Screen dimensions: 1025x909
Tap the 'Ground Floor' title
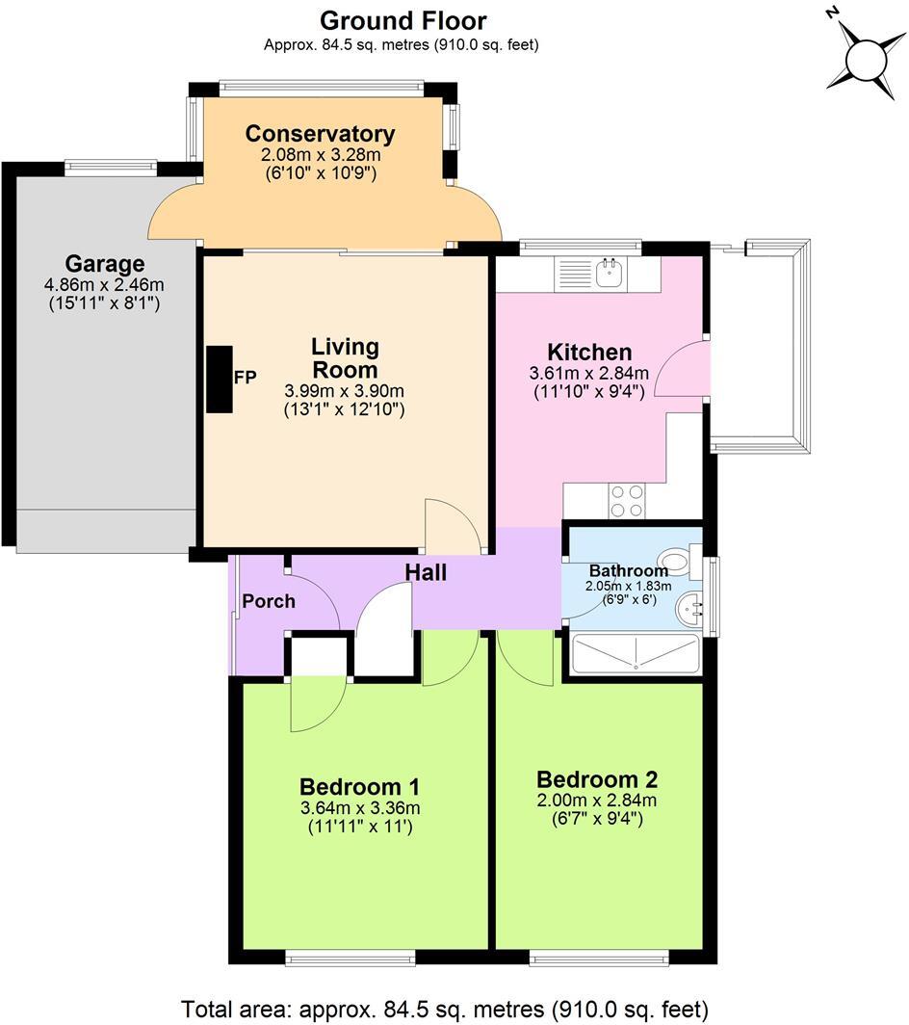[403, 20]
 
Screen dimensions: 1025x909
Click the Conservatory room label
[320, 134]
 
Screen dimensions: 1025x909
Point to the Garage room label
[105, 263]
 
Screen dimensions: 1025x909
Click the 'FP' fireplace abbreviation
[246, 378]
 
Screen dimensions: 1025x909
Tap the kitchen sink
[610, 273]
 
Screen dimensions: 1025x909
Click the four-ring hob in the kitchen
[627, 501]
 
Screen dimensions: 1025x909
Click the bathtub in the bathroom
[636, 653]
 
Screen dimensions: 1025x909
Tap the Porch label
[268, 601]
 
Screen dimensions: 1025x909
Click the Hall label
[426, 572]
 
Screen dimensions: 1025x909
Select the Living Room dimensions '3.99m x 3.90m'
[344, 391]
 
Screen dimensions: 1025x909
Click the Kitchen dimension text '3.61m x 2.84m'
[588, 374]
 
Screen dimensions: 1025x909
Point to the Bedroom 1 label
[359, 786]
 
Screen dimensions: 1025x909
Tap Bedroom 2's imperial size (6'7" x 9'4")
[596, 819]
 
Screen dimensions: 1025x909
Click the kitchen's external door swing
[682, 370]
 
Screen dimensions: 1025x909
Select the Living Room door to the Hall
[451, 527]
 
